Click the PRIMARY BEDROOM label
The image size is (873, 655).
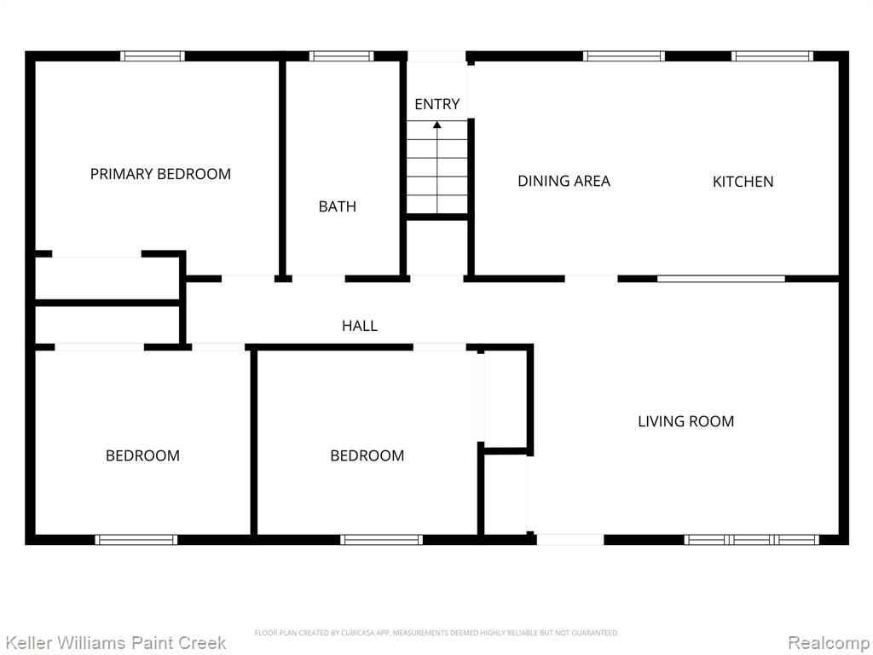160,174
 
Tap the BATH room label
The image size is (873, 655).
338,206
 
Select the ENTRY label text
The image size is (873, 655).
437,104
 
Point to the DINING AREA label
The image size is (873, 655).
564,181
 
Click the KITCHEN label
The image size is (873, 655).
743,182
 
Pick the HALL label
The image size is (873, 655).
360,326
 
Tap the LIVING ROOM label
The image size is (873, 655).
686,421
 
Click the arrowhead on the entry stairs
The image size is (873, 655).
437,125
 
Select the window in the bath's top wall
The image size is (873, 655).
341,55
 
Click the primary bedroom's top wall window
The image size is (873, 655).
152,55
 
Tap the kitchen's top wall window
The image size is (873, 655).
772,55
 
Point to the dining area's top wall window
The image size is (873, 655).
623,55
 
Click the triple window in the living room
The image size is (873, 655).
751,539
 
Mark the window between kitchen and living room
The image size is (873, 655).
721,279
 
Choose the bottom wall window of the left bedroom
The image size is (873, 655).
136,539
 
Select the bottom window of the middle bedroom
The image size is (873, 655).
381,539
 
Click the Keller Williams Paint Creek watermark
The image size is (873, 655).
115,643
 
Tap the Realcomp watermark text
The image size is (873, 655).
830,643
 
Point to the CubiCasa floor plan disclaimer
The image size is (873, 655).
436,633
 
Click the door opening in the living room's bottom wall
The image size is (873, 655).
570,539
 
